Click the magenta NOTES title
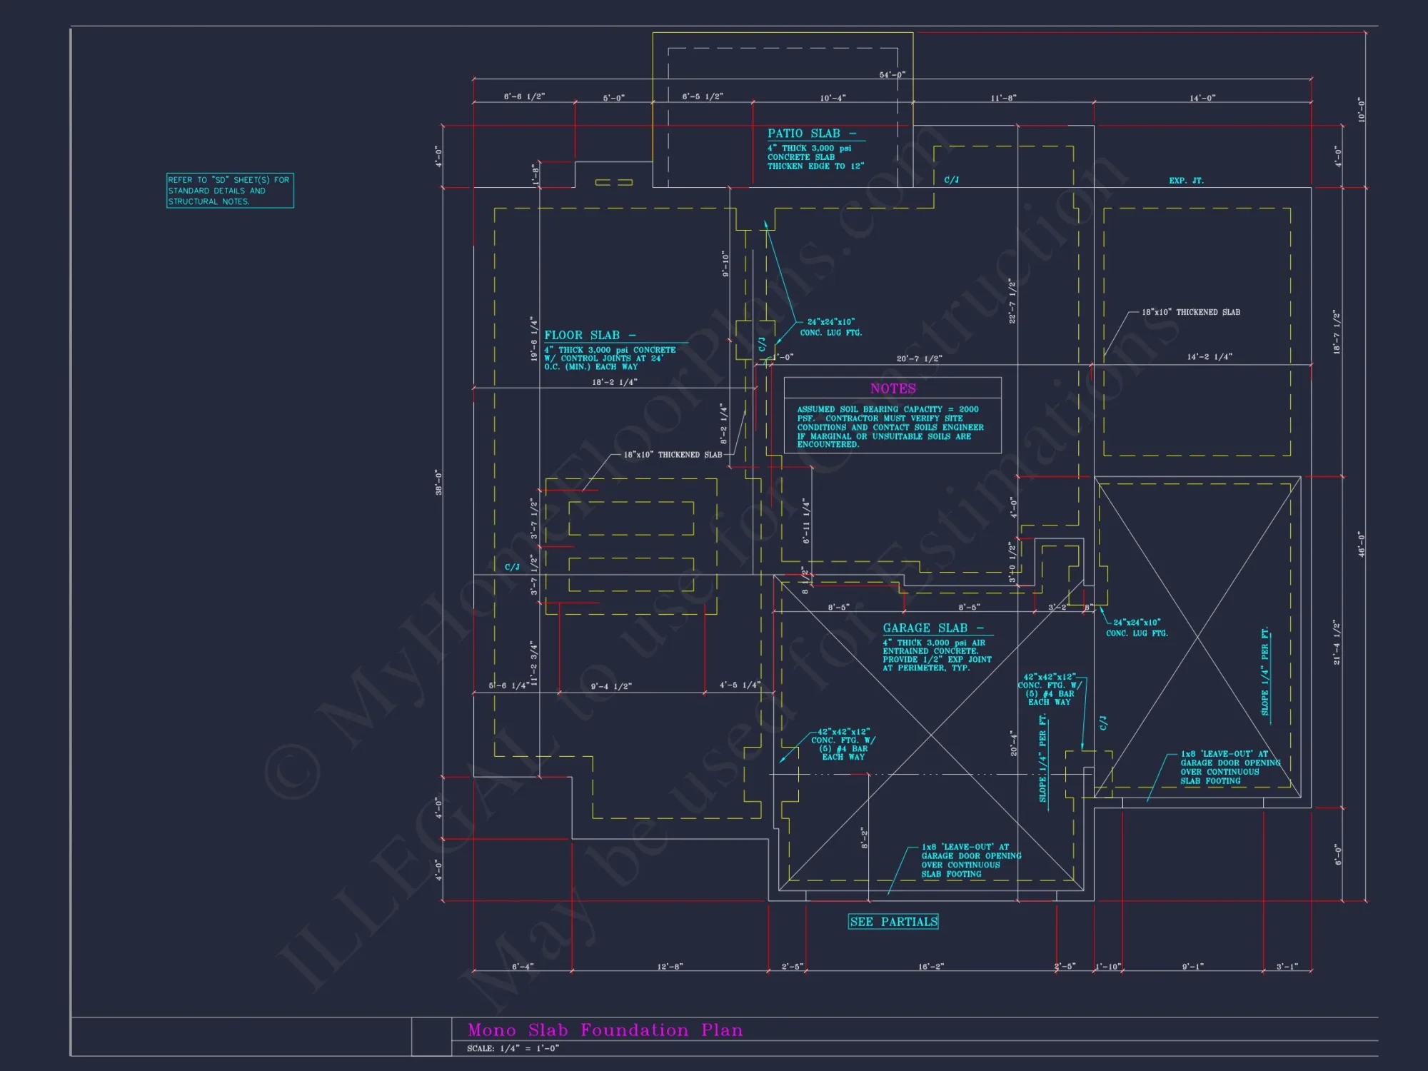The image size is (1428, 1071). (892, 388)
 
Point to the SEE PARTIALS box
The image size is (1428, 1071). (893, 922)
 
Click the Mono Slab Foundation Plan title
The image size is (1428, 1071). (605, 1030)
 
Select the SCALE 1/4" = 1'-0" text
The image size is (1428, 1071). (513, 1048)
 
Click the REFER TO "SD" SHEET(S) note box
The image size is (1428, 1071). (230, 191)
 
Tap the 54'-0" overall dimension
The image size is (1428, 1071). (892, 74)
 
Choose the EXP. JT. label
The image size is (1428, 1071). (1186, 181)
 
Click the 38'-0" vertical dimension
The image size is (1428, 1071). (438, 482)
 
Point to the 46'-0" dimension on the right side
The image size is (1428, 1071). (1361, 544)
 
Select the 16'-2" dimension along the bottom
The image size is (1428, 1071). (930, 967)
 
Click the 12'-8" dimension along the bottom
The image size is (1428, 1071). (670, 967)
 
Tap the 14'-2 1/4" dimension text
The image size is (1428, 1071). (1210, 356)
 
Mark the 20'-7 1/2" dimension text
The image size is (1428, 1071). (919, 358)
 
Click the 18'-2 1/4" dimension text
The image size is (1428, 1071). (614, 382)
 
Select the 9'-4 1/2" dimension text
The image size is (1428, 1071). (611, 686)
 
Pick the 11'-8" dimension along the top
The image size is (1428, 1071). (1003, 98)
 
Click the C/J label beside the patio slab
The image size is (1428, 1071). (951, 180)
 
